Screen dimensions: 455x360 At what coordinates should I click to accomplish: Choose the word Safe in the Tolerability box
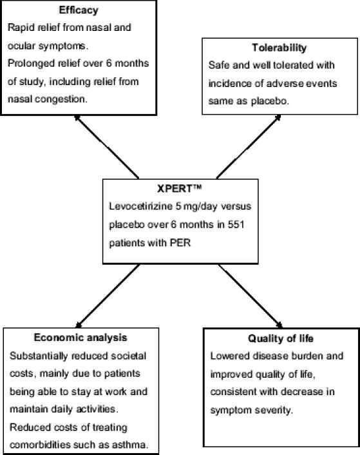(219, 66)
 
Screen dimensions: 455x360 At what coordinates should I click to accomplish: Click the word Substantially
(37, 355)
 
